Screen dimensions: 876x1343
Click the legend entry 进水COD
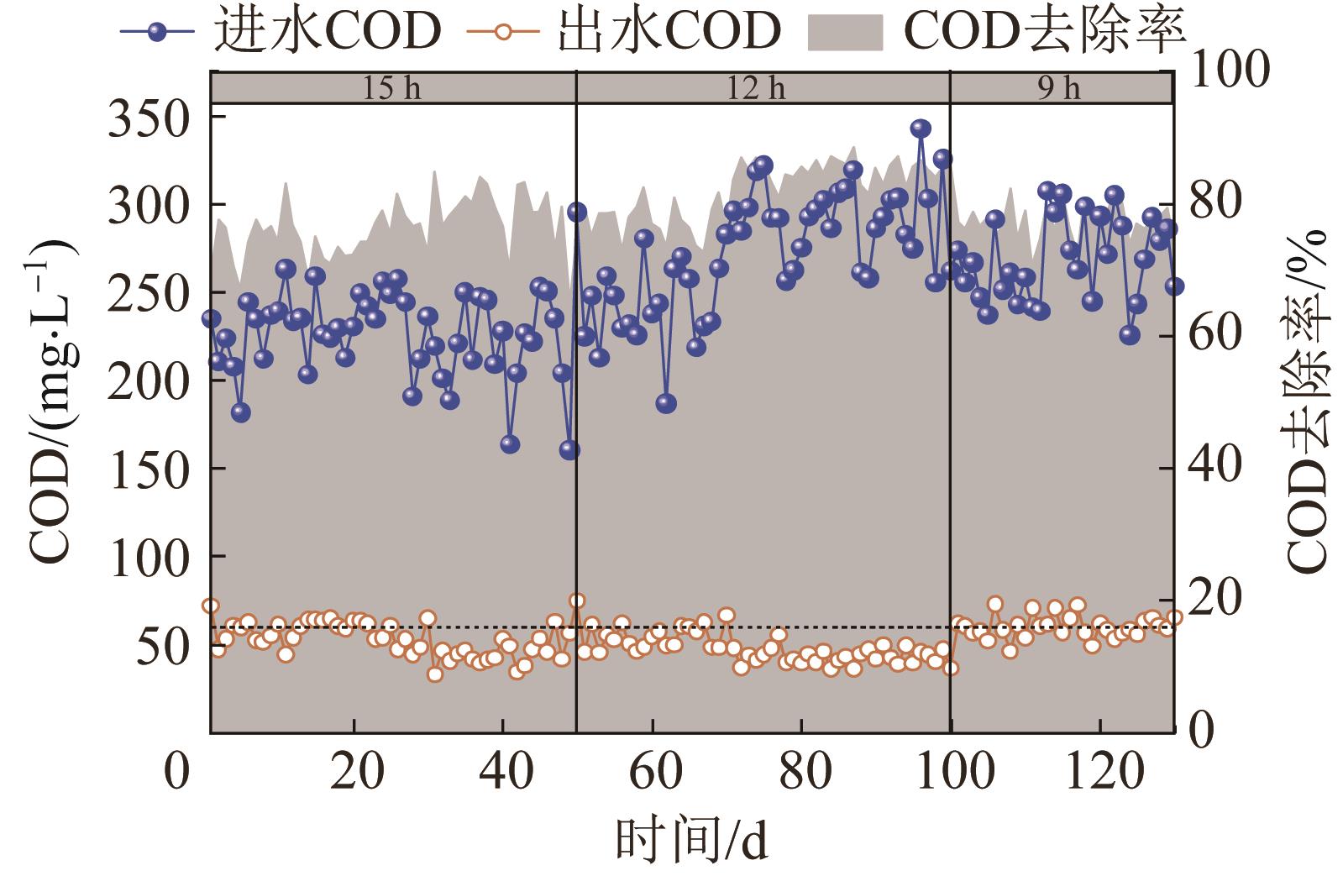[282, 30]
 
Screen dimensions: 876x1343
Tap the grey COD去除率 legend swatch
[845, 32]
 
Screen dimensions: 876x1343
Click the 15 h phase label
[391, 89]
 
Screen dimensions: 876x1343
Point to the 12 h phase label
[756, 89]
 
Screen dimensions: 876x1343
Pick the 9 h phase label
[1059, 89]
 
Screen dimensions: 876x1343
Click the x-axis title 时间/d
[691, 841]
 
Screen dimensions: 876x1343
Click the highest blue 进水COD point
[921, 129]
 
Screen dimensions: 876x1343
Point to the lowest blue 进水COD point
[569, 450]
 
